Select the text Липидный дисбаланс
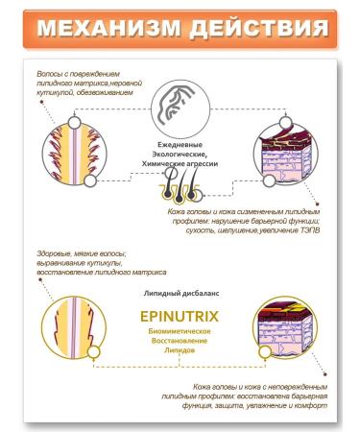(180, 287)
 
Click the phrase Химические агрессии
(180, 164)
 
